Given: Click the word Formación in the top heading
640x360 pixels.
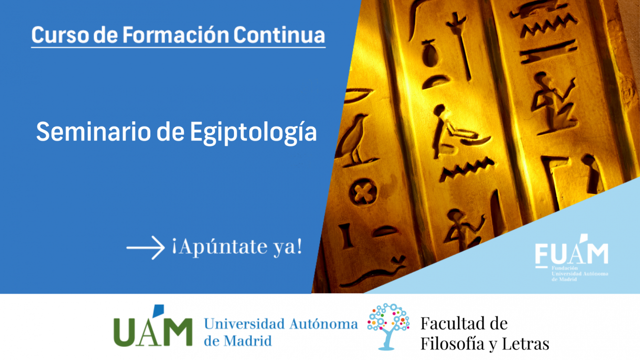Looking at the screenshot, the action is click(176, 35).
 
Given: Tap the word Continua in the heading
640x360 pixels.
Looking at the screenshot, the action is click(279, 35).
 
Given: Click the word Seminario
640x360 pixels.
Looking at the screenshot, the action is click(94, 132).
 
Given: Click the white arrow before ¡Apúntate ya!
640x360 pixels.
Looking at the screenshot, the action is click(145, 247).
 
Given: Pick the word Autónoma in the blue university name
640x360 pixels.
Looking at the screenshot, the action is click(323, 324).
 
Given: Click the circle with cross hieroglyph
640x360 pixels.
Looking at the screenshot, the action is click(363, 192).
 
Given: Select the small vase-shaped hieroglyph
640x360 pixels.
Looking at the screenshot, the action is click(429, 54).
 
